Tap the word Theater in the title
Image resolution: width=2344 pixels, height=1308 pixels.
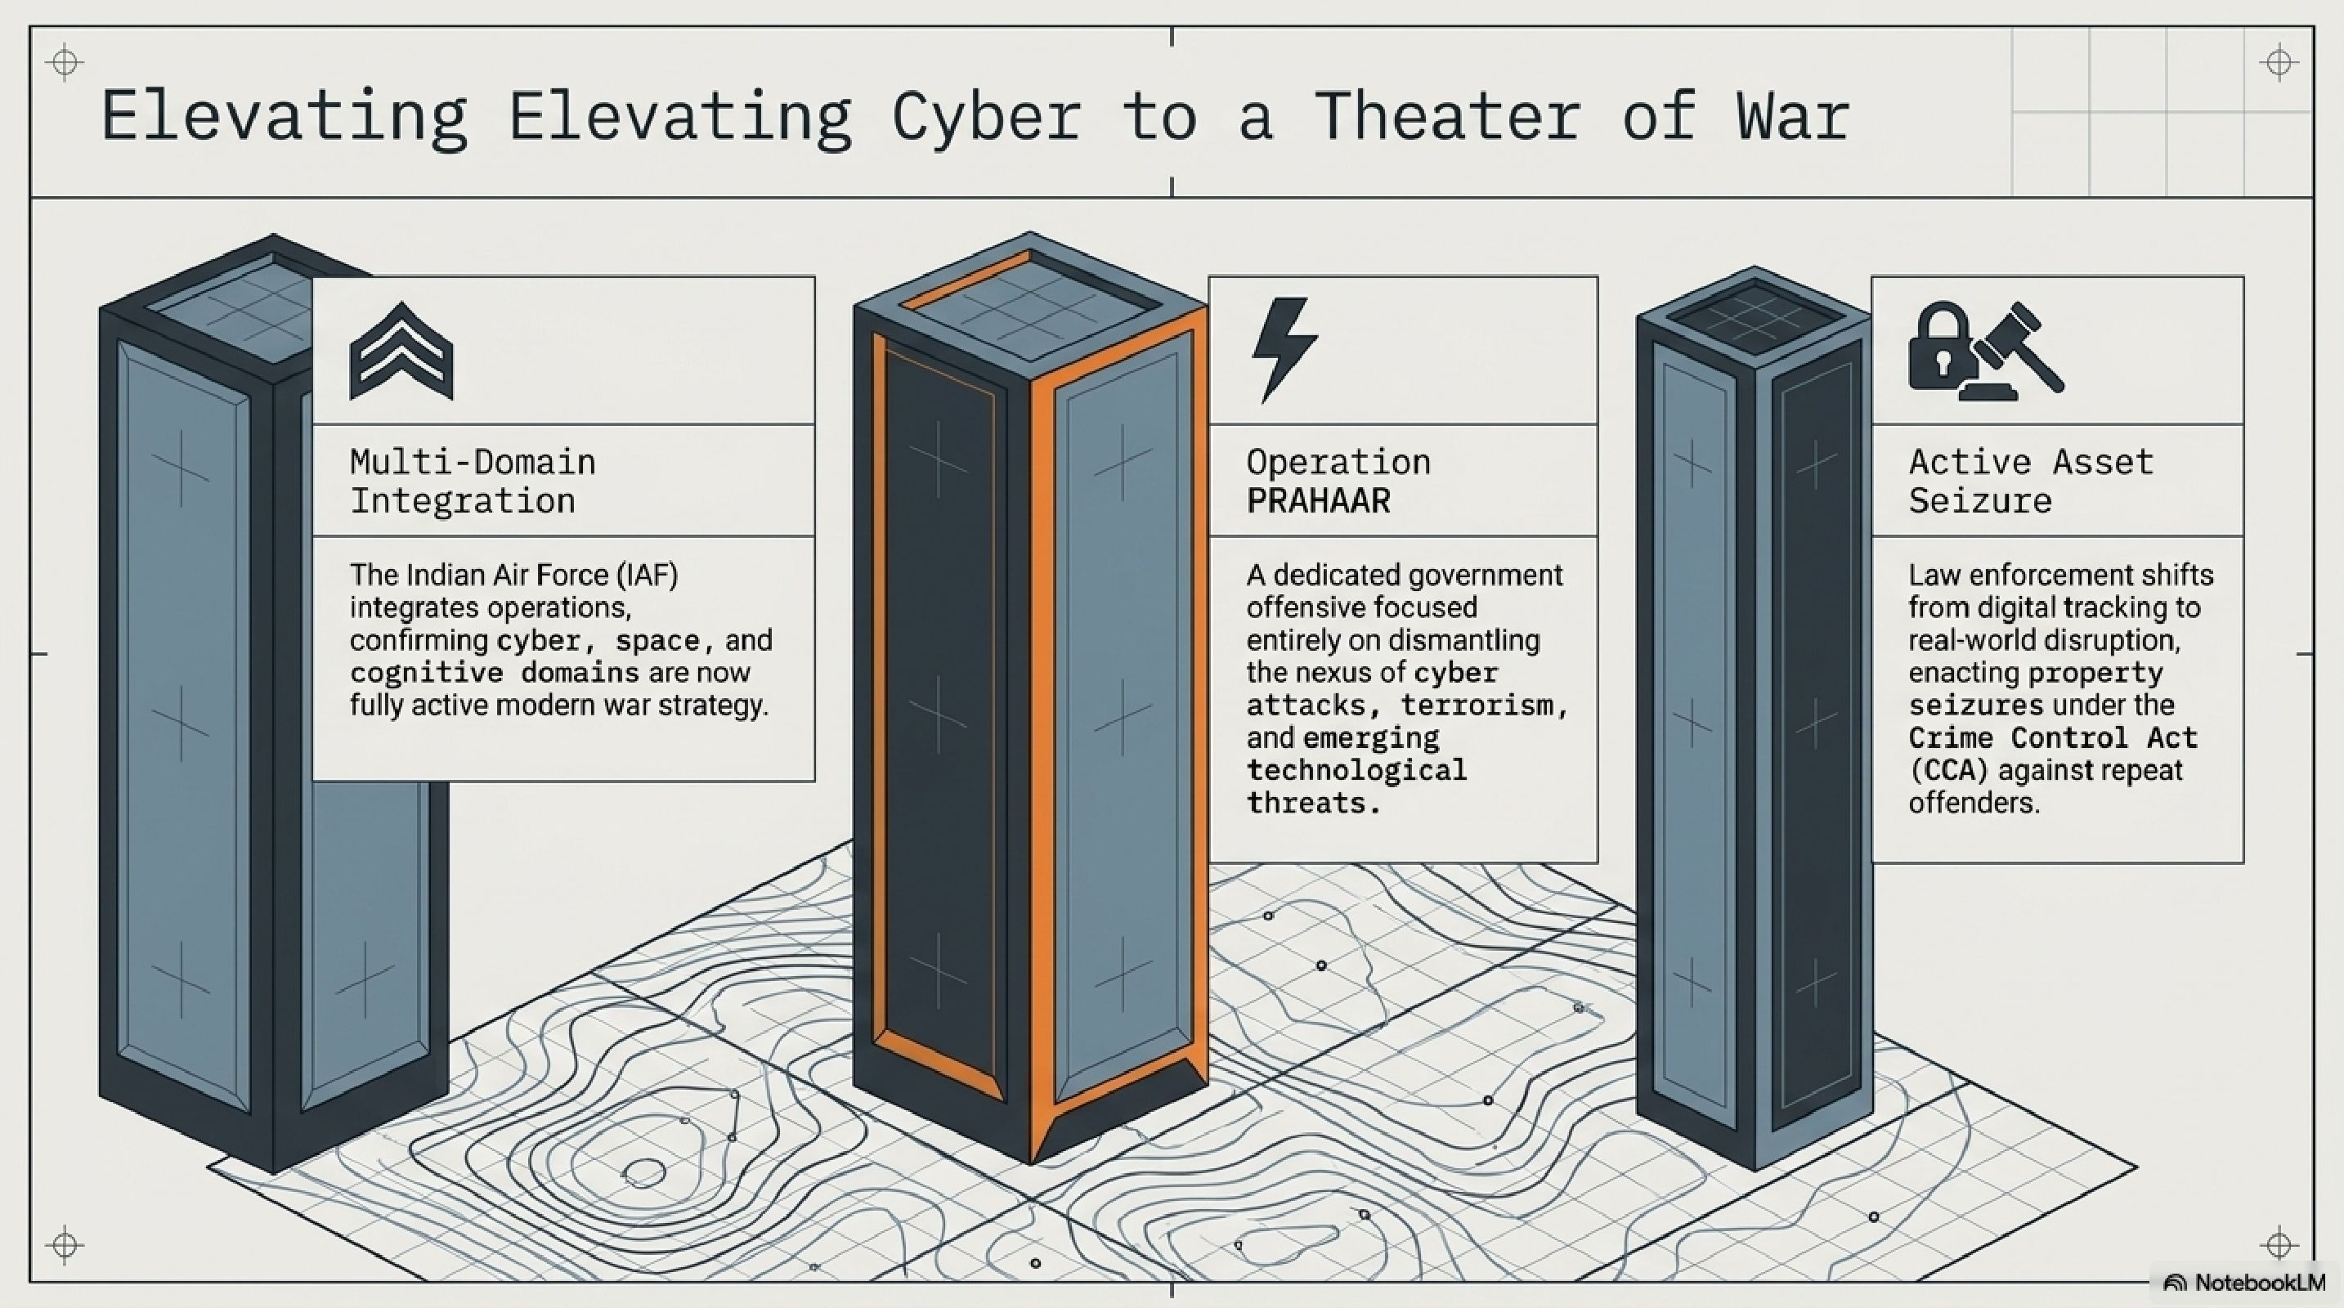pyautogui.click(x=1446, y=116)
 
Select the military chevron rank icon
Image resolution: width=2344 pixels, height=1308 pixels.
pyautogui.click(x=401, y=353)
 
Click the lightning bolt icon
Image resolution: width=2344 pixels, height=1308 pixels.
pyautogui.click(x=1283, y=348)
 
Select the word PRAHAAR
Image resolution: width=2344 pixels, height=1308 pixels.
pyautogui.click(x=1319, y=501)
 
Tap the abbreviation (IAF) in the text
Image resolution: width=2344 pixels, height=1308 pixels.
pyautogui.click(x=647, y=576)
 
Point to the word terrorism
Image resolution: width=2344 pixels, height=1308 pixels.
pyautogui.click(x=1484, y=706)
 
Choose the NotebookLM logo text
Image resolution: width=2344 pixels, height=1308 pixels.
pyautogui.click(x=2259, y=1283)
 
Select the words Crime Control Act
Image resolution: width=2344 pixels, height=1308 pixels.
pyautogui.click(x=2052, y=737)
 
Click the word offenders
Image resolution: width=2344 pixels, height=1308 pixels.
pyautogui.click(x=1973, y=803)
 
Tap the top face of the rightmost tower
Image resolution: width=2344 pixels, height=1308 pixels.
pyautogui.click(x=1754, y=314)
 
